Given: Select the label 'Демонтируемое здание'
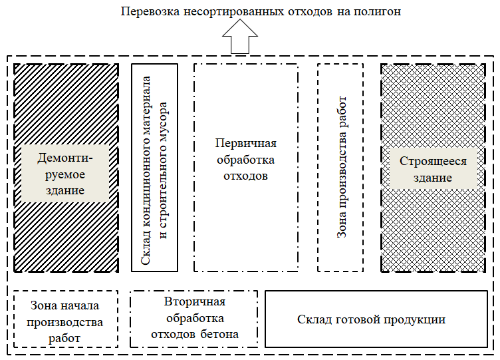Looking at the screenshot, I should click(x=65, y=173).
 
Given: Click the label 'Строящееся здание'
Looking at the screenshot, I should click(x=433, y=169).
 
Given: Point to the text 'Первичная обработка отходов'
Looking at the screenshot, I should click(x=245, y=160).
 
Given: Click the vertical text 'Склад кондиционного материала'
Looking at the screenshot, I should click(x=148, y=166).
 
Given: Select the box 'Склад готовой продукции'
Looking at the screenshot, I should click(x=371, y=319).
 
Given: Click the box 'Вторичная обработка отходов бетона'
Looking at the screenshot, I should click(x=194, y=318).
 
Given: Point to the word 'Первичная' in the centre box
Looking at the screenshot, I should click(x=245, y=144).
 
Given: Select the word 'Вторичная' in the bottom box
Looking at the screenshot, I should click(x=194, y=302).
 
